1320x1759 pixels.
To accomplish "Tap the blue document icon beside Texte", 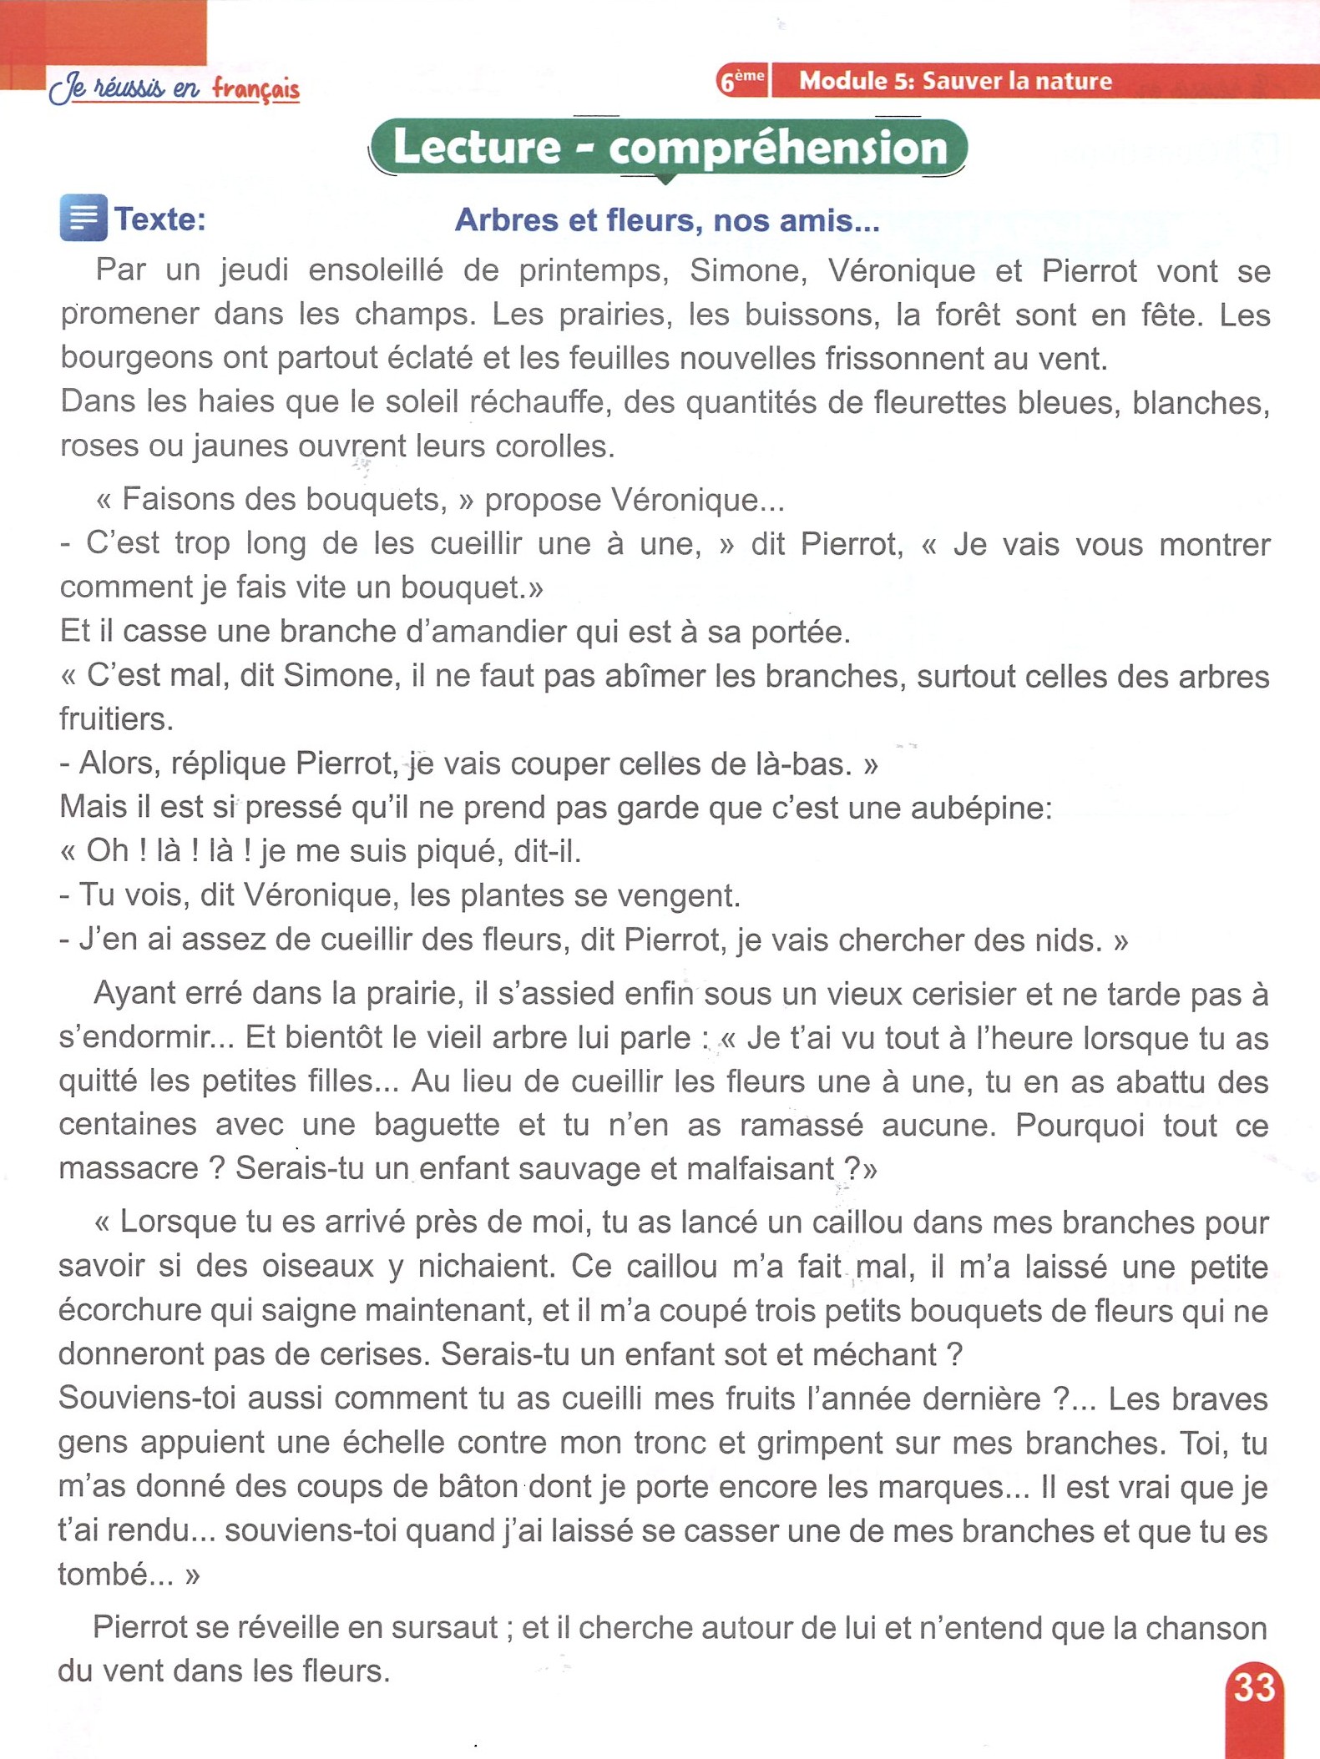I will tap(83, 218).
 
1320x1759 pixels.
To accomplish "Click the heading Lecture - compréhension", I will tap(669, 148).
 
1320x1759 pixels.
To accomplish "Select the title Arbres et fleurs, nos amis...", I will tap(666, 220).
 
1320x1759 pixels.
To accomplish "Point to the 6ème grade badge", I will tap(742, 81).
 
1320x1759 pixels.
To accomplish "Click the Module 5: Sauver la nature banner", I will tap(956, 81).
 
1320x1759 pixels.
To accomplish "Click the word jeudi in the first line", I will tap(255, 270).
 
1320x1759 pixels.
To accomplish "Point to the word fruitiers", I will tap(115, 719).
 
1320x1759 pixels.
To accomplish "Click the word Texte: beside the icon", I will tap(159, 219).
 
